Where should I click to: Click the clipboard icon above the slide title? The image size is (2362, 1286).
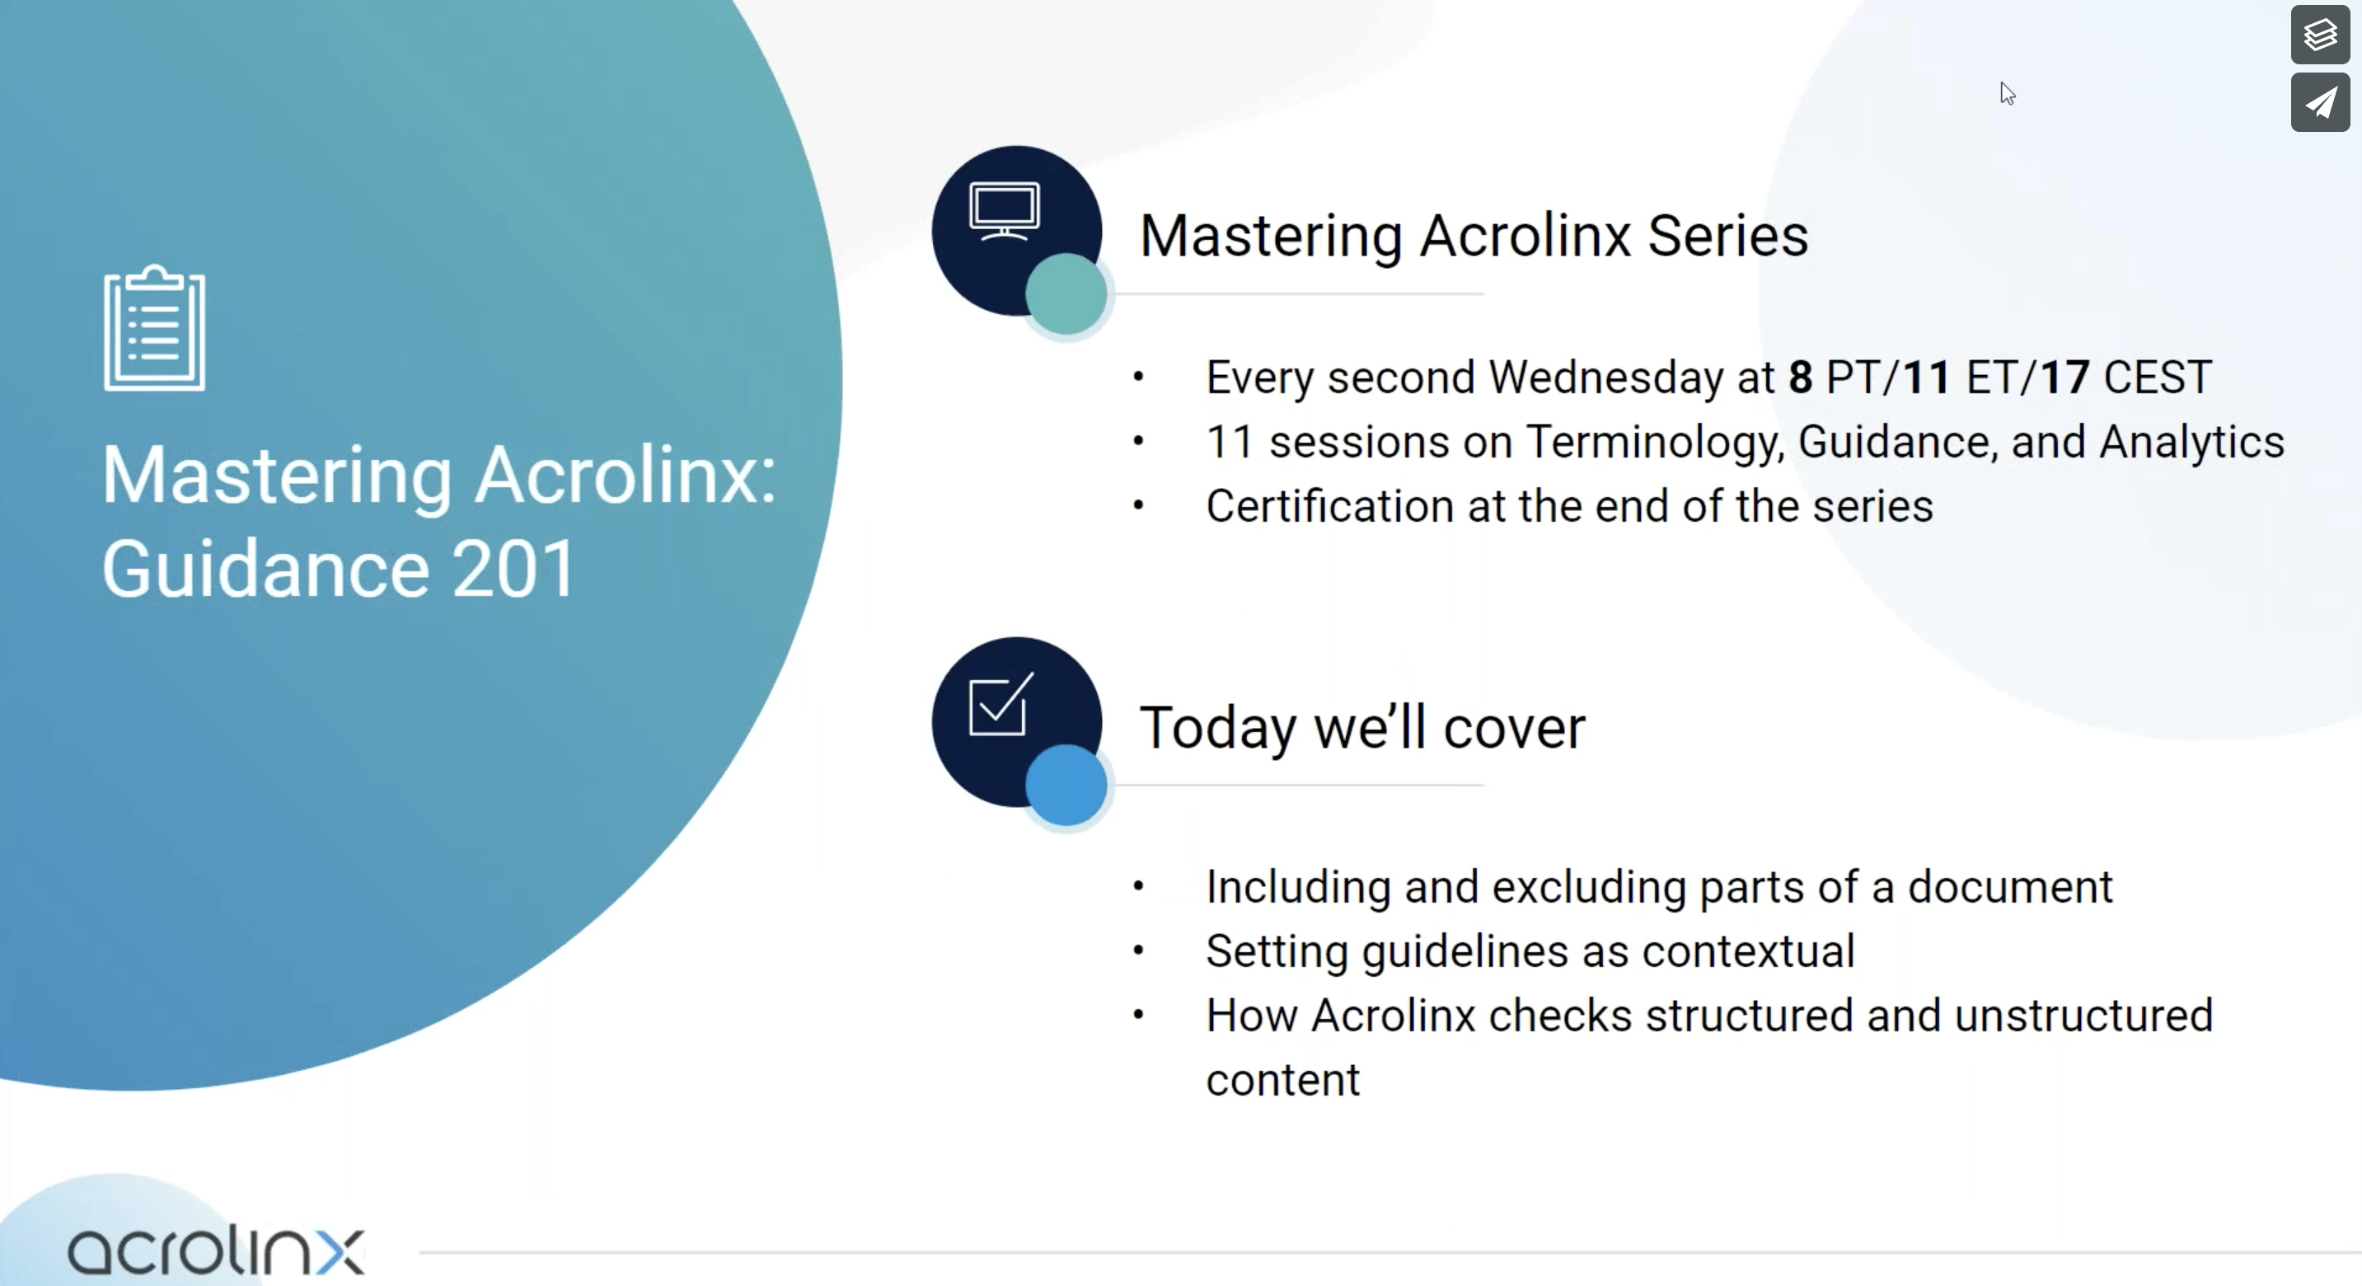[154, 327]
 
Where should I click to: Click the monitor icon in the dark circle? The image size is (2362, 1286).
[1004, 211]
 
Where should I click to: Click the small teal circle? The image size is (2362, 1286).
[1066, 293]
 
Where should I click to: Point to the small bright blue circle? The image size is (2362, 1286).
[1066, 785]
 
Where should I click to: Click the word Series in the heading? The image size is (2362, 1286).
[1727, 236]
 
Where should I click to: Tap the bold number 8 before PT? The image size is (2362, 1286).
[1801, 377]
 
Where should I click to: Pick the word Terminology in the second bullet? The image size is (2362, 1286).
[1654, 442]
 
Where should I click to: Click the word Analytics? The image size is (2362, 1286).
[2191, 442]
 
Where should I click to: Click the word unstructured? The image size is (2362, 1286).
[2083, 1016]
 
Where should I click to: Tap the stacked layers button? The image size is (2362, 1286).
[2320, 35]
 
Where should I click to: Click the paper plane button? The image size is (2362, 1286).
[2320, 102]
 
